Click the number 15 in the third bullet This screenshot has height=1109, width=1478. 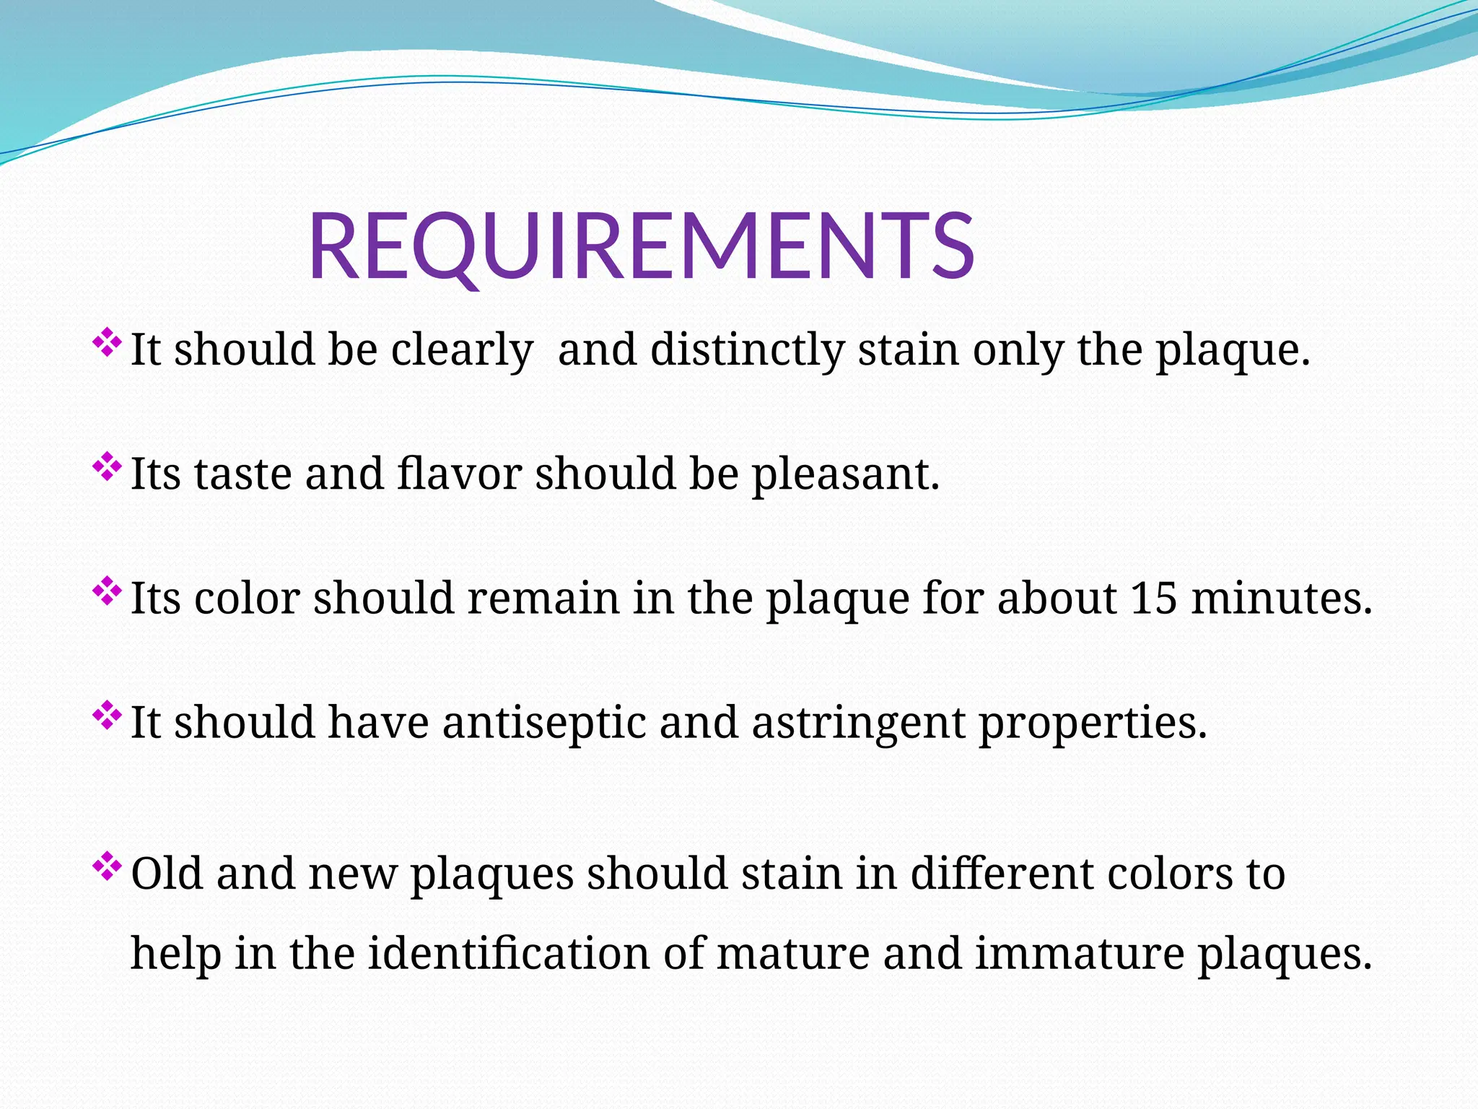click(1154, 598)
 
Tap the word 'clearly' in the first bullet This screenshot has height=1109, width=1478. click(462, 350)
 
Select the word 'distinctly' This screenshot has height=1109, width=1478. click(748, 350)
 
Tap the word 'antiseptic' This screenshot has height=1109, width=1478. click(543, 723)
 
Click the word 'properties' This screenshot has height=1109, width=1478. click(1092, 723)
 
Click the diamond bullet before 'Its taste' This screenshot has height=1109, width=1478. click(107, 467)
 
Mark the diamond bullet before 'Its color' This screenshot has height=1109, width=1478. click(107, 591)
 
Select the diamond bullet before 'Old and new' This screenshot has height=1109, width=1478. click(107, 866)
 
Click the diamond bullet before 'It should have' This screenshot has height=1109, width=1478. click(107, 716)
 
